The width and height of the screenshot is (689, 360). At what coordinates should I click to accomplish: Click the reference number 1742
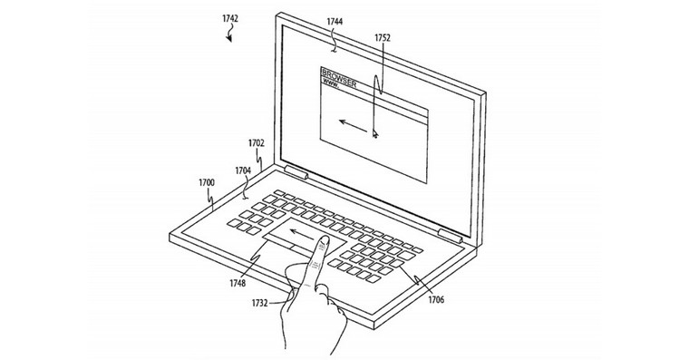pyautogui.click(x=230, y=18)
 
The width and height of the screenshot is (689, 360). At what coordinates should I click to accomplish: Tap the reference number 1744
pyautogui.click(x=335, y=21)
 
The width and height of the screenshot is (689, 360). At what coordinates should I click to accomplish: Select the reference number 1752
pyautogui.click(x=383, y=38)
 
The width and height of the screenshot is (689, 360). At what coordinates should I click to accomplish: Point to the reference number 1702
pyautogui.click(x=257, y=143)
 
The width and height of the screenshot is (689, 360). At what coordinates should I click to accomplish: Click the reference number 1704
pyautogui.click(x=243, y=170)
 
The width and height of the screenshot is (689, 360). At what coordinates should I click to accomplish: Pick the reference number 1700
pyautogui.click(x=207, y=182)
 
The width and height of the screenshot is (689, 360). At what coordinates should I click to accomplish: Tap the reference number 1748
pyautogui.click(x=238, y=283)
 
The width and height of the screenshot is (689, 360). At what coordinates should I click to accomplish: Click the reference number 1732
pyautogui.click(x=259, y=303)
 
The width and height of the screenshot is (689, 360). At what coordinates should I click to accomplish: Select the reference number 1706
pyautogui.click(x=436, y=300)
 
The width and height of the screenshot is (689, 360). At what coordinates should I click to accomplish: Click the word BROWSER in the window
pyautogui.click(x=339, y=78)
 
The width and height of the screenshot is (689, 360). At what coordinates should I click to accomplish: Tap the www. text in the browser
pyautogui.click(x=331, y=83)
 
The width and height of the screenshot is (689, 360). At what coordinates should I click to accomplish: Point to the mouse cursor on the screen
pyautogui.click(x=374, y=133)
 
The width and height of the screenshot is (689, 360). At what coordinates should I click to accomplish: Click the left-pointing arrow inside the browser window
pyautogui.click(x=353, y=125)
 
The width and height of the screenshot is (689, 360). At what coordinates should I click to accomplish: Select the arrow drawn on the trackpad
pyautogui.click(x=301, y=234)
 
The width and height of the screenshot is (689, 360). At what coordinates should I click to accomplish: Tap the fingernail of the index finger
pyautogui.click(x=324, y=241)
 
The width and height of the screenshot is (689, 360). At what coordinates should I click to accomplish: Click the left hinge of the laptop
pyautogui.click(x=296, y=172)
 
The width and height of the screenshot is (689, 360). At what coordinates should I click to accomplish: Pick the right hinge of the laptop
pyautogui.click(x=450, y=236)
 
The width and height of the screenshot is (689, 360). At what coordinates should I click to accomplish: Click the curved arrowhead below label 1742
pyautogui.click(x=229, y=39)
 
